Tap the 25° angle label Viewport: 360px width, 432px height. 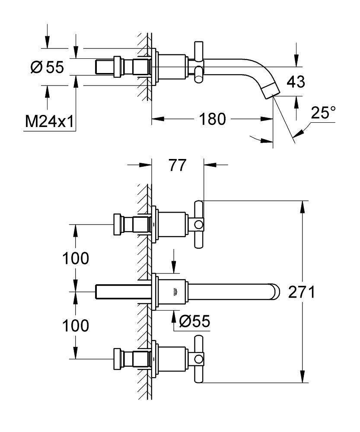(323, 114)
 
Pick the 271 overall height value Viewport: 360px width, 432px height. (301, 292)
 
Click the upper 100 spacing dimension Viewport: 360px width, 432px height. (76, 258)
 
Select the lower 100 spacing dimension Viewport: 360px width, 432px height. (76, 325)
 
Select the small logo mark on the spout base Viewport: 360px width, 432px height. (174, 293)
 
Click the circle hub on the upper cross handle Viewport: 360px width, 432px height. (198, 225)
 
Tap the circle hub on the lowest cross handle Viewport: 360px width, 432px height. (198, 358)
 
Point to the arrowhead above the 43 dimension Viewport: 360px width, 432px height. (296, 60)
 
